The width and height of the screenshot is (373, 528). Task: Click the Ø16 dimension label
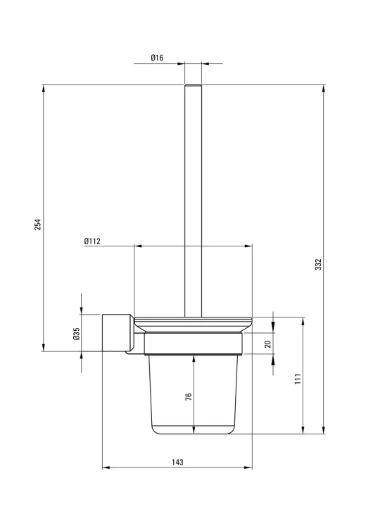coord(157,58)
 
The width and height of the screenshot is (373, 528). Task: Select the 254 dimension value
coord(38,225)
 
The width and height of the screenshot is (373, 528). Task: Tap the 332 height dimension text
coord(318,264)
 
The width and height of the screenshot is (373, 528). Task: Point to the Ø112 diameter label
coord(92,241)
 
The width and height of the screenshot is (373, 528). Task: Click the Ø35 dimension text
coord(77,334)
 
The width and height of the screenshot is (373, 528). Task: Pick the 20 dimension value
coord(268,344)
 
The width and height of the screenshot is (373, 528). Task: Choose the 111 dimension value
coord(298,379)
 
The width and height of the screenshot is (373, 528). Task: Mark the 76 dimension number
coord(189,396)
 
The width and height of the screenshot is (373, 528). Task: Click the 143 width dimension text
coord(177,462)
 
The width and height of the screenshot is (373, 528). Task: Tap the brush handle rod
coord(194,201)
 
